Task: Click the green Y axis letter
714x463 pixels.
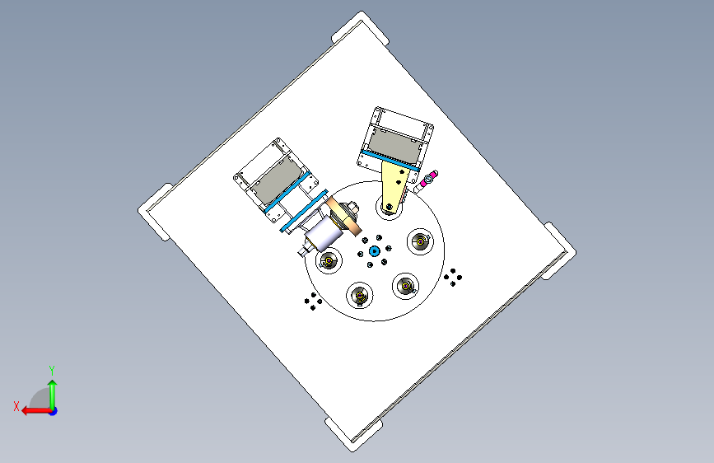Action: point(52,370)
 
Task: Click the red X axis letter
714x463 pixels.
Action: point(16,406)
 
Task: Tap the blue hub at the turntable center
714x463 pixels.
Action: point(375,250)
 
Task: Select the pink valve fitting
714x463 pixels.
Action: point(428,179)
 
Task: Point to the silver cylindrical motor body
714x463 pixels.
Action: point(324,233)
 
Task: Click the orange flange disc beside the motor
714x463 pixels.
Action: point(343,217)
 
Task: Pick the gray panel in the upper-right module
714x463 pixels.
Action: point(394,145)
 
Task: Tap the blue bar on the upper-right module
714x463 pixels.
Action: point(390,161)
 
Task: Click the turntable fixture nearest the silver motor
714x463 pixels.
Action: point(329,261)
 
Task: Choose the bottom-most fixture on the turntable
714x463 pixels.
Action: point(360,295)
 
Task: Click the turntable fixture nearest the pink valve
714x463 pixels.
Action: point(420,241)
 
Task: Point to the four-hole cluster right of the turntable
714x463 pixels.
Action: point(453,277)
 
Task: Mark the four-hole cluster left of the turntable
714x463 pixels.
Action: point(313,302)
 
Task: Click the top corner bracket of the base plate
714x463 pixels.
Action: point(361,27)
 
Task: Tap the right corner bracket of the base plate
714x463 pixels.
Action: point(559,250)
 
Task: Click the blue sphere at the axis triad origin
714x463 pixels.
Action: point(54,411)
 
